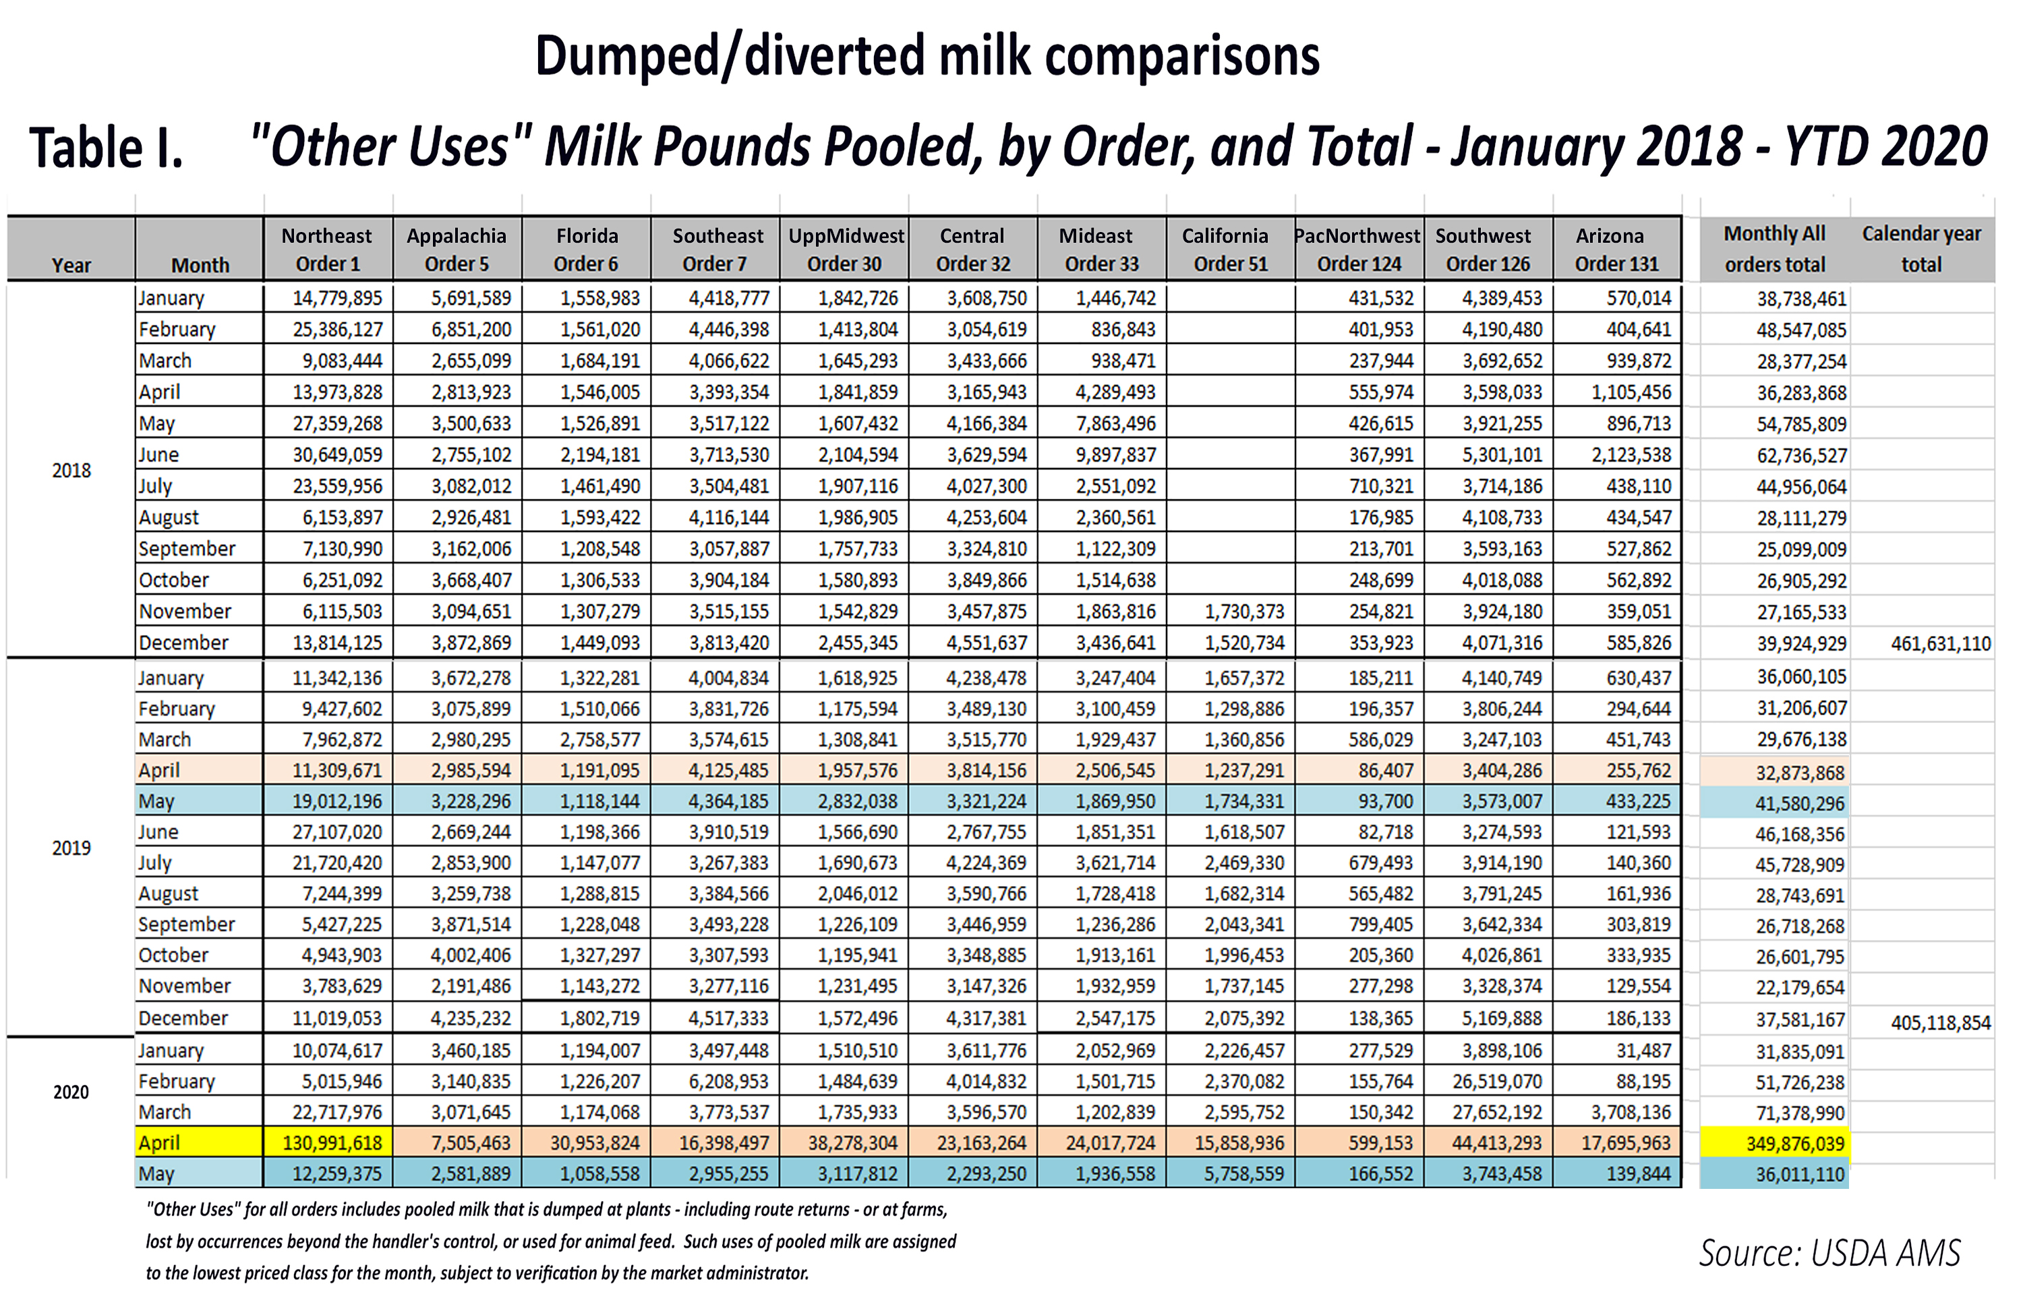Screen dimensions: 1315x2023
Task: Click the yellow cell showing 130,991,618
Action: pyautogui.click(x=332, y=1143)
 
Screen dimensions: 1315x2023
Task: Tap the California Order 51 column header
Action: pyautogui.click(x=1229, y=249)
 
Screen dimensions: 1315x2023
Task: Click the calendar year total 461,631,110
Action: pyautogui.click(x=1939, y=643)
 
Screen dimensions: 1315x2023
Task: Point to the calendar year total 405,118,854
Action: pyautogui.click(x=1939, y=1022)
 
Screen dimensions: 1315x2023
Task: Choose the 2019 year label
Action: pyautogui.click(x=71, y=848)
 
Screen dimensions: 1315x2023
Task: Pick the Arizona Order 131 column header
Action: pyautogui.click(x=1615, y=249)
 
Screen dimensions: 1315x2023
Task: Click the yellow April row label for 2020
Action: pyautogui.click(x=160, y=1143)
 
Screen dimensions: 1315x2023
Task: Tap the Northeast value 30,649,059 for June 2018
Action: pyautogui.click(x=336, y=455)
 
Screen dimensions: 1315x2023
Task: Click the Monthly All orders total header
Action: pyautogui.click(x=1774, y=249)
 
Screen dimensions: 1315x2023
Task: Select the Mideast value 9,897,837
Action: pyautogui.click(x=1115, y=455)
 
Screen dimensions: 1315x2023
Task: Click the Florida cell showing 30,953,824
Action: pyautogui.click(x=595, y=1143)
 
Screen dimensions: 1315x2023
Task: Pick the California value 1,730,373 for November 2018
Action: pyautogui.click(x=1243, y=611)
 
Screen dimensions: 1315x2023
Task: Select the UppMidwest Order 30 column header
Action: pyautogui.click(x=845, y=249)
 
